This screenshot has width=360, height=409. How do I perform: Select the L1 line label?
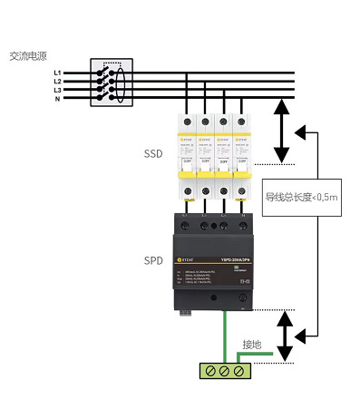click(x=57, y=72)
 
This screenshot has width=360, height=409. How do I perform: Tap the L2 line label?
click(x=57, y=81)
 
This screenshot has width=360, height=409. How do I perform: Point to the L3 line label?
click(x=57, y=90)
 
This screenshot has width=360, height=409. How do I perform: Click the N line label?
click(x=58, y=99)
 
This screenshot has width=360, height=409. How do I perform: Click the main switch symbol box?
click(x=112, y=84)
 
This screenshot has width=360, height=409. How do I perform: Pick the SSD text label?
click(x=152, y=154)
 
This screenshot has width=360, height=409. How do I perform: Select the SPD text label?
click(x=152, y=259)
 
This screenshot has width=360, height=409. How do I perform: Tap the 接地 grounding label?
click(x=251, y=345)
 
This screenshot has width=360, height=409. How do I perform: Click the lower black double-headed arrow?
click(x=285, y=336)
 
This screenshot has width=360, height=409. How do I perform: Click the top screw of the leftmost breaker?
click(x=191, y=122)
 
